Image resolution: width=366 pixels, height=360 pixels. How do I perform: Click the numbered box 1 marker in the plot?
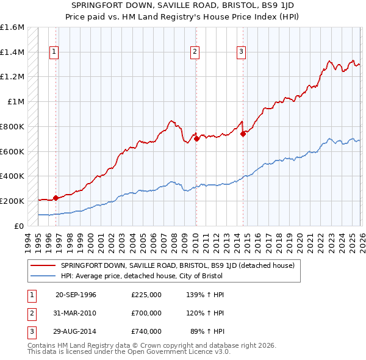click(x=54, y=52)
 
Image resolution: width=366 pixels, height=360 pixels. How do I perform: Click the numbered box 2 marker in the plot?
click(x=195, y=52)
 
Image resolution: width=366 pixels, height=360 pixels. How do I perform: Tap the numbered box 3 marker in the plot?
click(x=242, y=52)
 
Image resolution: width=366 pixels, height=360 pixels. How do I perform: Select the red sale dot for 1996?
click(x=56, y=198)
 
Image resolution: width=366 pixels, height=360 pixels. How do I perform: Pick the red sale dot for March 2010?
click(x=196, y=139)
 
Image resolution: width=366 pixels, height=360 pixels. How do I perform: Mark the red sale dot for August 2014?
click(x=243, y=134)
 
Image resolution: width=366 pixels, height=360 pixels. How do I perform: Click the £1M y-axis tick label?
click(x=16, y=102)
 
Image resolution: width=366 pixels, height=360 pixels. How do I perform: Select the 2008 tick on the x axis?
click(x=175, y=243)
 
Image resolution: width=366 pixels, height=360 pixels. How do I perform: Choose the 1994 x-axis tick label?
click(x=28, y=243)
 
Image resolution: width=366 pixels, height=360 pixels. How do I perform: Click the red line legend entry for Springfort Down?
click(x=178, y=265)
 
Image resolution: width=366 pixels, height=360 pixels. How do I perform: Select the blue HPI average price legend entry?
click(x=142, y=276)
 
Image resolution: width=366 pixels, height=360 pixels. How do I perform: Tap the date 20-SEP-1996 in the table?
click(x=76, y=295)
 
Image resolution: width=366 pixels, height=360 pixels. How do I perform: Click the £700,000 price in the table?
click(x=146, y=313)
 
